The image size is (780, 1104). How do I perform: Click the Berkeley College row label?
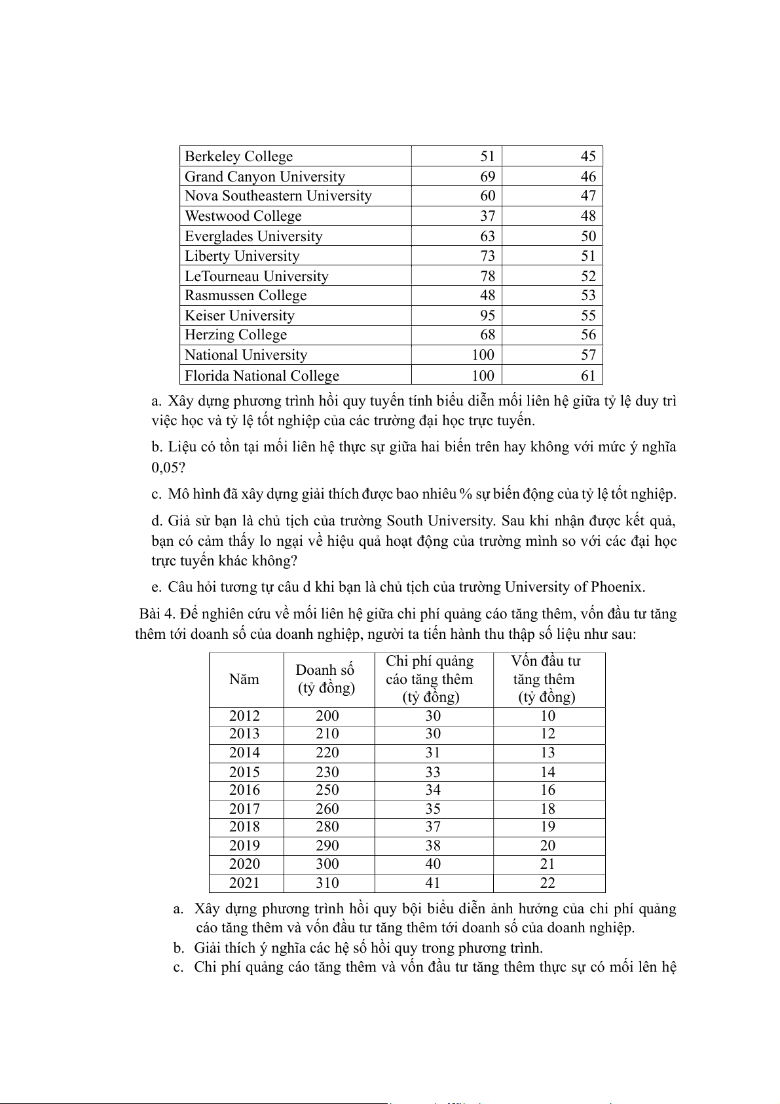(x=238, y=157)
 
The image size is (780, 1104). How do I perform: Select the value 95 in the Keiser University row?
(x=487, y=316)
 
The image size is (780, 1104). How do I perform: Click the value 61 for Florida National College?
(x=588, y=376)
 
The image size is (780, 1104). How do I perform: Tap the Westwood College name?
(x=243, y=216)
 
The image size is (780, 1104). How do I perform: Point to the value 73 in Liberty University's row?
(x=487, y=256)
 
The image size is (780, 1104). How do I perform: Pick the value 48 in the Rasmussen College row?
(x=487, y=295)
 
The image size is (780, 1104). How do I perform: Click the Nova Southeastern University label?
(x=278, y=196)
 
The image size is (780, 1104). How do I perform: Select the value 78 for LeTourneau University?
(x=487, y=276)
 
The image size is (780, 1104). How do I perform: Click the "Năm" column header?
(x=244, y=679)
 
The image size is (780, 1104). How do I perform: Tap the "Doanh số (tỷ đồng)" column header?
(x=326, y=679)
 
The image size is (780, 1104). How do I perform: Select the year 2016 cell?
(x=244, y=790)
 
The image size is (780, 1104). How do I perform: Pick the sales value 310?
(x=327, y=883)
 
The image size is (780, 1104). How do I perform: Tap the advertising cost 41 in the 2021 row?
(x=433, y=883)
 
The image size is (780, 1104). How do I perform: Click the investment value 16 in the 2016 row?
(x=548, y=790)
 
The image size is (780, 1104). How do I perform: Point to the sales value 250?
(x=327, y=790)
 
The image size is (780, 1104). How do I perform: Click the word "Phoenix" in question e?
(x=617, y=587)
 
